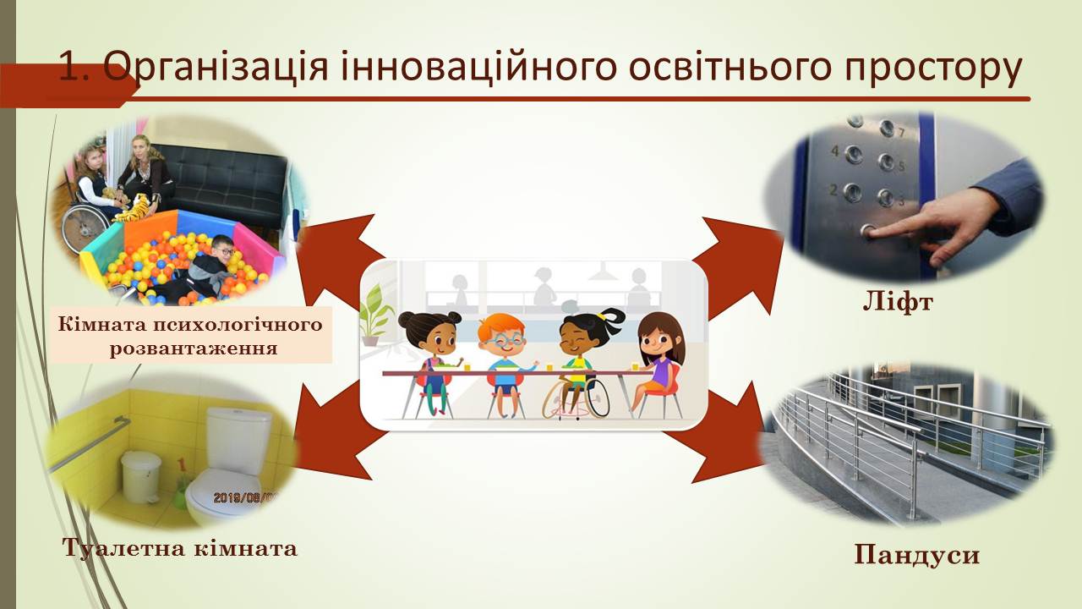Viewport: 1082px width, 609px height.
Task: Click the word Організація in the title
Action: pos(216,67)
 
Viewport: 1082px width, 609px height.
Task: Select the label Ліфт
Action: pos(898,303)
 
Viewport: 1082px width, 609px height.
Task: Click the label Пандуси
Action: pos(917,554)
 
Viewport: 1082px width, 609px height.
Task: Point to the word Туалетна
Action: pos(123,548)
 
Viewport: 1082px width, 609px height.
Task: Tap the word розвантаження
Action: pos(194,348)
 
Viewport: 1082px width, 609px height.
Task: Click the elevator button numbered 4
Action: pos(854,155)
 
